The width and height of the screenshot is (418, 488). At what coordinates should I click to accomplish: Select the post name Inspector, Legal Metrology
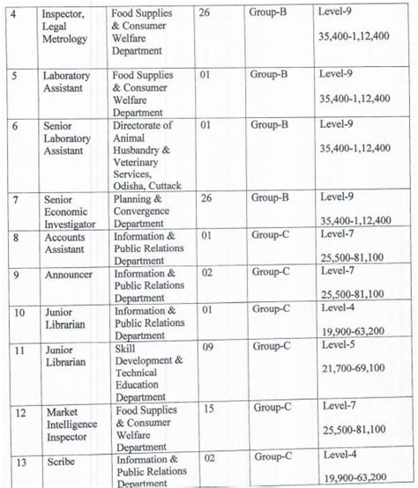pos(64,26)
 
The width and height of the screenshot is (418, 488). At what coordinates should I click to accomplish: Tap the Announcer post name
pos(69,275)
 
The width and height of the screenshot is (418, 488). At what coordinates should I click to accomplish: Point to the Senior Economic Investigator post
pos(68,212)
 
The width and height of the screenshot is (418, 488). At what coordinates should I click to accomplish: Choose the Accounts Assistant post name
pos(66,243)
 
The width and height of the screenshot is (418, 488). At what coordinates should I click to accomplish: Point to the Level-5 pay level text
pos(336,345)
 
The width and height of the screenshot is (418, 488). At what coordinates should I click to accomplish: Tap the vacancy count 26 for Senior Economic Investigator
pos(205,199)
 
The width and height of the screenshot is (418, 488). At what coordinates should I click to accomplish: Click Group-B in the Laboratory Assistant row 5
pos(269,76)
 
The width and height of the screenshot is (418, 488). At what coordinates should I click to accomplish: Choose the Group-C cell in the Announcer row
pos(271,273)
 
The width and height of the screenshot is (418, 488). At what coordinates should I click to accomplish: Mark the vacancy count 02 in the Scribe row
pos(207,459)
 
